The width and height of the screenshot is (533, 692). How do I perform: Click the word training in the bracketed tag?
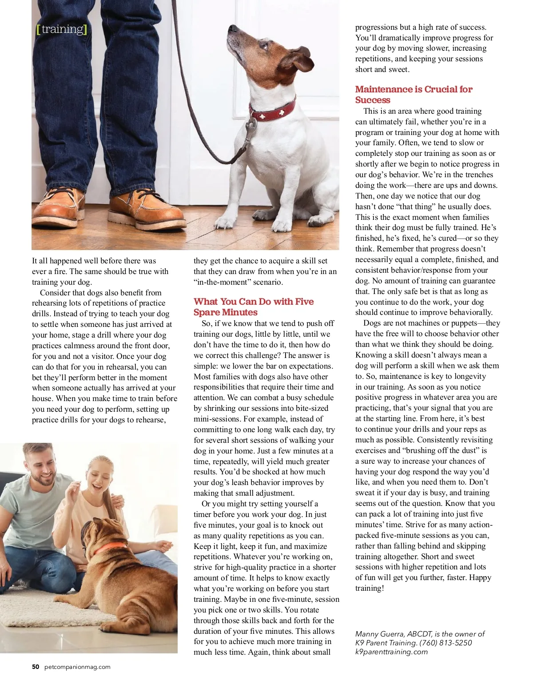62,29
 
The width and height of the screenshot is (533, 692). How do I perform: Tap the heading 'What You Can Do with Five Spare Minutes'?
253,307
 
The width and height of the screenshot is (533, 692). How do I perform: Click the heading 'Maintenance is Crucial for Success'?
414,95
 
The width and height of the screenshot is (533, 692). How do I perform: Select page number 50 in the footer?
36,667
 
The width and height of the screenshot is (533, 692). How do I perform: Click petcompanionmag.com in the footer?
77,667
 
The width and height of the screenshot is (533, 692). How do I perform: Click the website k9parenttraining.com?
391,652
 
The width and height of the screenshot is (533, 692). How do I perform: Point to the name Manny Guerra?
379,634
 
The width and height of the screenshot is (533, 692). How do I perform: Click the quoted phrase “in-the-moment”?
223,282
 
